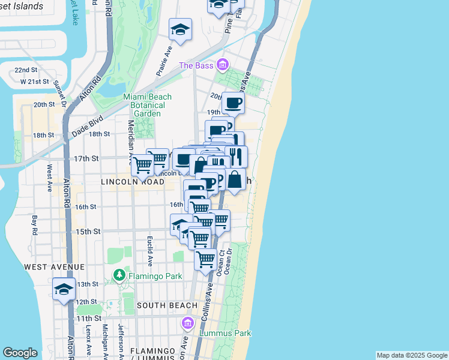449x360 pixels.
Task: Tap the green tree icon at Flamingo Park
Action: [x=119, y=276]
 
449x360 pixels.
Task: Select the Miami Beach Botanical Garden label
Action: [x=147, y=105]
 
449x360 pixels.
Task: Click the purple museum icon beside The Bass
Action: [x=223, y=65]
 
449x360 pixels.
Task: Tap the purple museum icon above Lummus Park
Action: [x=188, y=324]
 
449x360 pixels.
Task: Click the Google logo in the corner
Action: [x=20, y=353]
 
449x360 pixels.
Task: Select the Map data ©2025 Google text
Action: [x=411, y=355]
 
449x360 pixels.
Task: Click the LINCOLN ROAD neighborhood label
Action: [x=132, y=181]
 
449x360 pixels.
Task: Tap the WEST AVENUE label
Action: [x=55, y=266]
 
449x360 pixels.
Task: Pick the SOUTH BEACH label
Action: [x=163, y=305]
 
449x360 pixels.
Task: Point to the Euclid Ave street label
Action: [x=150, y=251]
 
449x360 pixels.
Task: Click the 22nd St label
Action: [x=26, y=70]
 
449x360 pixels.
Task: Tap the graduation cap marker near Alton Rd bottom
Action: [x=64, y=290]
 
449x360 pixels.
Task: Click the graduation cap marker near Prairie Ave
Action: [x=180, y=29]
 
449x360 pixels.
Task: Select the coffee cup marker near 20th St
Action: [x=234, y=103]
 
